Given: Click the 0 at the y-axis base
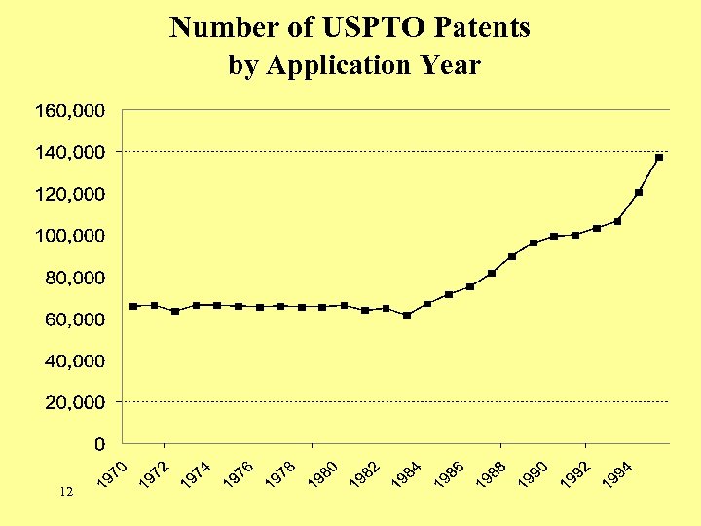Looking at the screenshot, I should tap(100, 444).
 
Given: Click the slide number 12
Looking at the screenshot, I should tap(66, 493).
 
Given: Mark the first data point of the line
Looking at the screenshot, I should tap(133, 306).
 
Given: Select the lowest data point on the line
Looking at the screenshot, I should tap(407, 315).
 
